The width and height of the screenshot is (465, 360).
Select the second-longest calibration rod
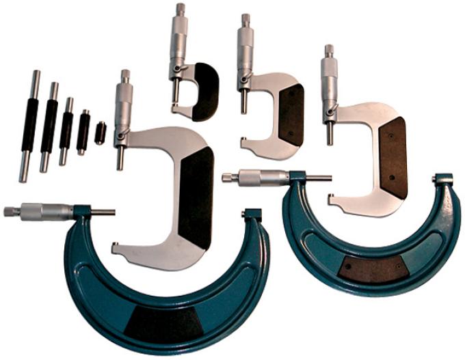(x=49, y=127)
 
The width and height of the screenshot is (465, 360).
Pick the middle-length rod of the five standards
(x=66, y=130)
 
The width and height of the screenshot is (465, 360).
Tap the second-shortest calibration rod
(x=83, y=132)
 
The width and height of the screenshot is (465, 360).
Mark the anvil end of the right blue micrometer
(x=442, y=180)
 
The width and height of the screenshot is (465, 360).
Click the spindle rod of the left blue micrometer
(x=103, y=212)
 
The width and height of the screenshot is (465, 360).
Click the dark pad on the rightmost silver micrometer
(x=393, y=156)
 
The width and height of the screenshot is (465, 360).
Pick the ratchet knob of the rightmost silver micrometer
(x=329, y=51)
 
